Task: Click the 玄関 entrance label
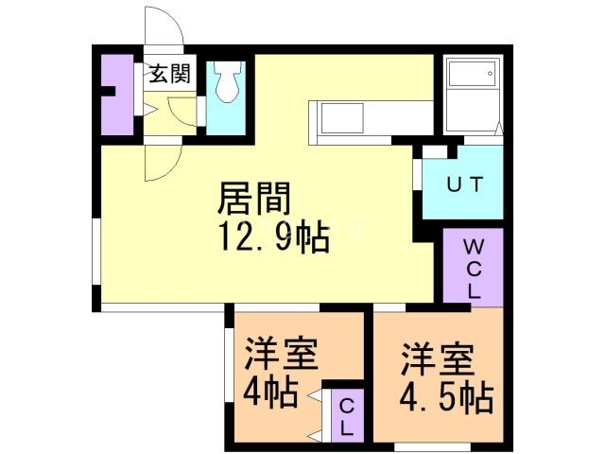(170, 73)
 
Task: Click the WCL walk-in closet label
(472, 269)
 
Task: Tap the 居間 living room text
(253, 199)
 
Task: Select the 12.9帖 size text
(274, 236)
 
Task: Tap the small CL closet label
(347, 416)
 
